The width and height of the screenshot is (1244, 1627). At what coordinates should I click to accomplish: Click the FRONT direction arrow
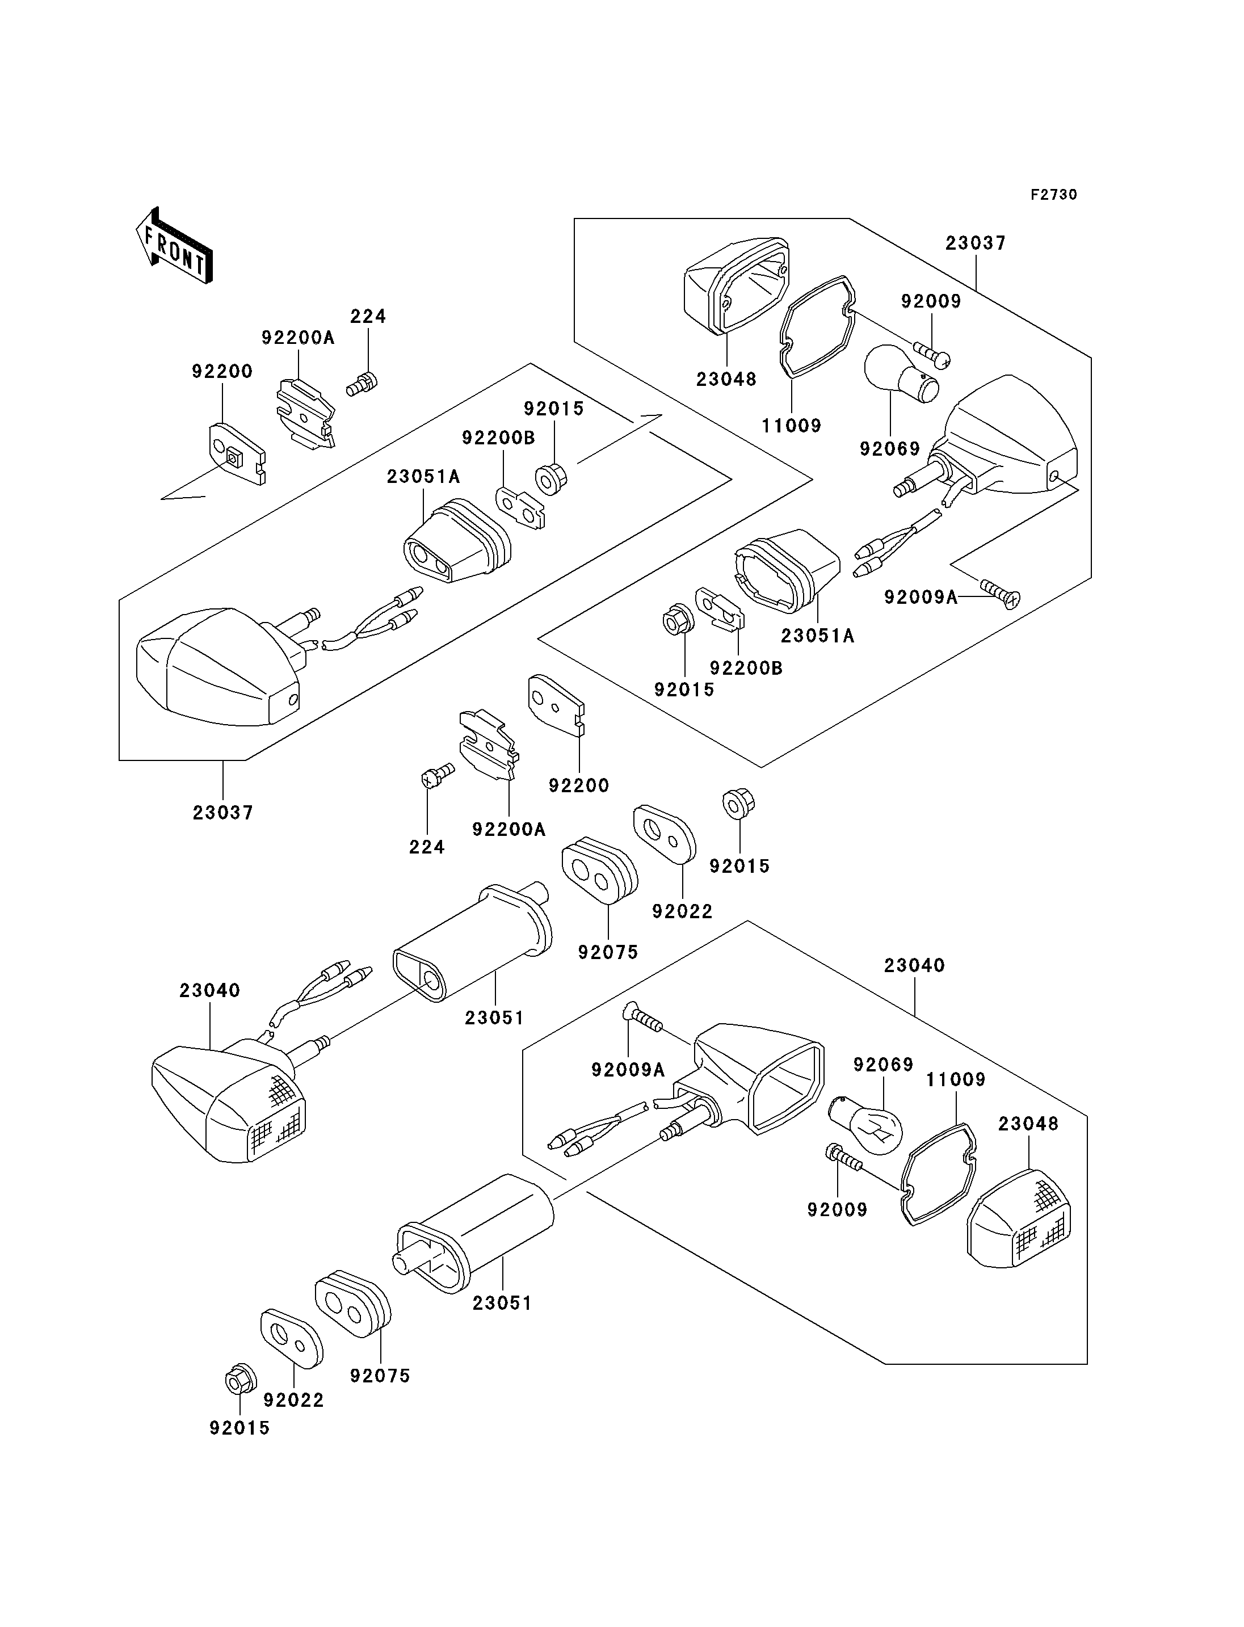coord(175,245)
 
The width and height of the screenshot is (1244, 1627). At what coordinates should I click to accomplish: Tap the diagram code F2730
coord(1053,195)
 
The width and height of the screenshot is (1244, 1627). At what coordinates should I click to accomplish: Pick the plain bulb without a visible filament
coord(900,372)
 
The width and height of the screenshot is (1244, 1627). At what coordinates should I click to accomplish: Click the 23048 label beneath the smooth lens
coord(726,379)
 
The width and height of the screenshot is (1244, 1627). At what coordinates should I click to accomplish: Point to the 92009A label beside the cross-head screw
coord(921,597)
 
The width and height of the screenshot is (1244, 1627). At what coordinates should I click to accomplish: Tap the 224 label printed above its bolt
coord(368,316)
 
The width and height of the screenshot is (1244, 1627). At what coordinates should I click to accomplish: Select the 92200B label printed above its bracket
coord(498,438)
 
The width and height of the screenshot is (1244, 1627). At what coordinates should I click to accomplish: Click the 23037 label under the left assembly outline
coord(223,813)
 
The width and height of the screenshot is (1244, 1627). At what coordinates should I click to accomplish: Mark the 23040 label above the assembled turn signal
coord(209,990)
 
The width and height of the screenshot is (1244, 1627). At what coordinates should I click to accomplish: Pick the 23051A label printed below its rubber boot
coord(817,636)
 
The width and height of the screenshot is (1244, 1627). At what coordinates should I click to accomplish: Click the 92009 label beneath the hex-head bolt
coord(837,1209)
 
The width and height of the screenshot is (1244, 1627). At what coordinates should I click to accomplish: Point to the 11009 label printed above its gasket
coord(955,1079)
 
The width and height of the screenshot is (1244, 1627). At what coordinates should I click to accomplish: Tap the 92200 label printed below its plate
coord(578,785)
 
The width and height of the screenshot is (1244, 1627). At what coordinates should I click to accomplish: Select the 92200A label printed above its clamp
coord(298,338)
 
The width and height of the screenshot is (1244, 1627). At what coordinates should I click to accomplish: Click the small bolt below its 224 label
coord(362,384)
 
